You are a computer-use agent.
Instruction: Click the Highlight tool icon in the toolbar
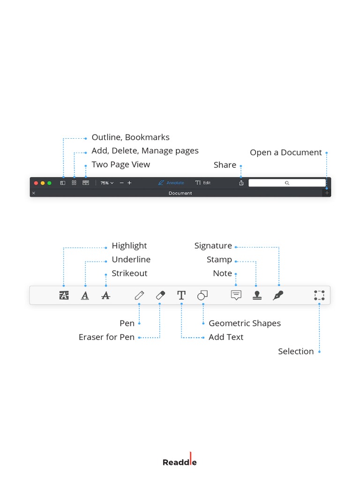(x=64, y=295)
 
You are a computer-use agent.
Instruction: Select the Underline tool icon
(x=85, y=295)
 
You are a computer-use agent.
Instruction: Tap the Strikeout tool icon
(x=106, y=295)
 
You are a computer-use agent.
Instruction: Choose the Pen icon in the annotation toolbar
(x=139, y=295)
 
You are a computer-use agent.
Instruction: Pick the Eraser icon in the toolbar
(x=160, y=295)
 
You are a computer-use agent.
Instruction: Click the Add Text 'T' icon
(x=181, y=295)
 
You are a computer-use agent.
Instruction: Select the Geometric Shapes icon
(x=202, y=295)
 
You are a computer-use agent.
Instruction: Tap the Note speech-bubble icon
(x=236, y=295)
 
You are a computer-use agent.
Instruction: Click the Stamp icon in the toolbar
(x=257, y=295)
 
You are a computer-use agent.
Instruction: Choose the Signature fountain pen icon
(x=278, y=295)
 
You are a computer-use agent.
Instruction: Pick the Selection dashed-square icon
(x=319, y=295)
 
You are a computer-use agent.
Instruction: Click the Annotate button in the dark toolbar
(x=171, y=183)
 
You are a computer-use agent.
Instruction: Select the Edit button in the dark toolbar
(x=203, y=183)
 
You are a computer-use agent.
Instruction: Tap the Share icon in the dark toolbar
(x=241, y=183)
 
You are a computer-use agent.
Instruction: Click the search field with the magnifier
(x=287, y=183)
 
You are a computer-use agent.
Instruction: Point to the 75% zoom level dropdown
(x=107, y=183)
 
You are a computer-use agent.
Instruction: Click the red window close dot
(x=36, y=183)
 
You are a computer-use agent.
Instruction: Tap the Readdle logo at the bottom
(x=180, y=462)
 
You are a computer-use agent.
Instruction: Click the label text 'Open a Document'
(x=285, y=152)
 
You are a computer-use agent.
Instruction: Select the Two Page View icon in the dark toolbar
(x=86, y=183)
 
